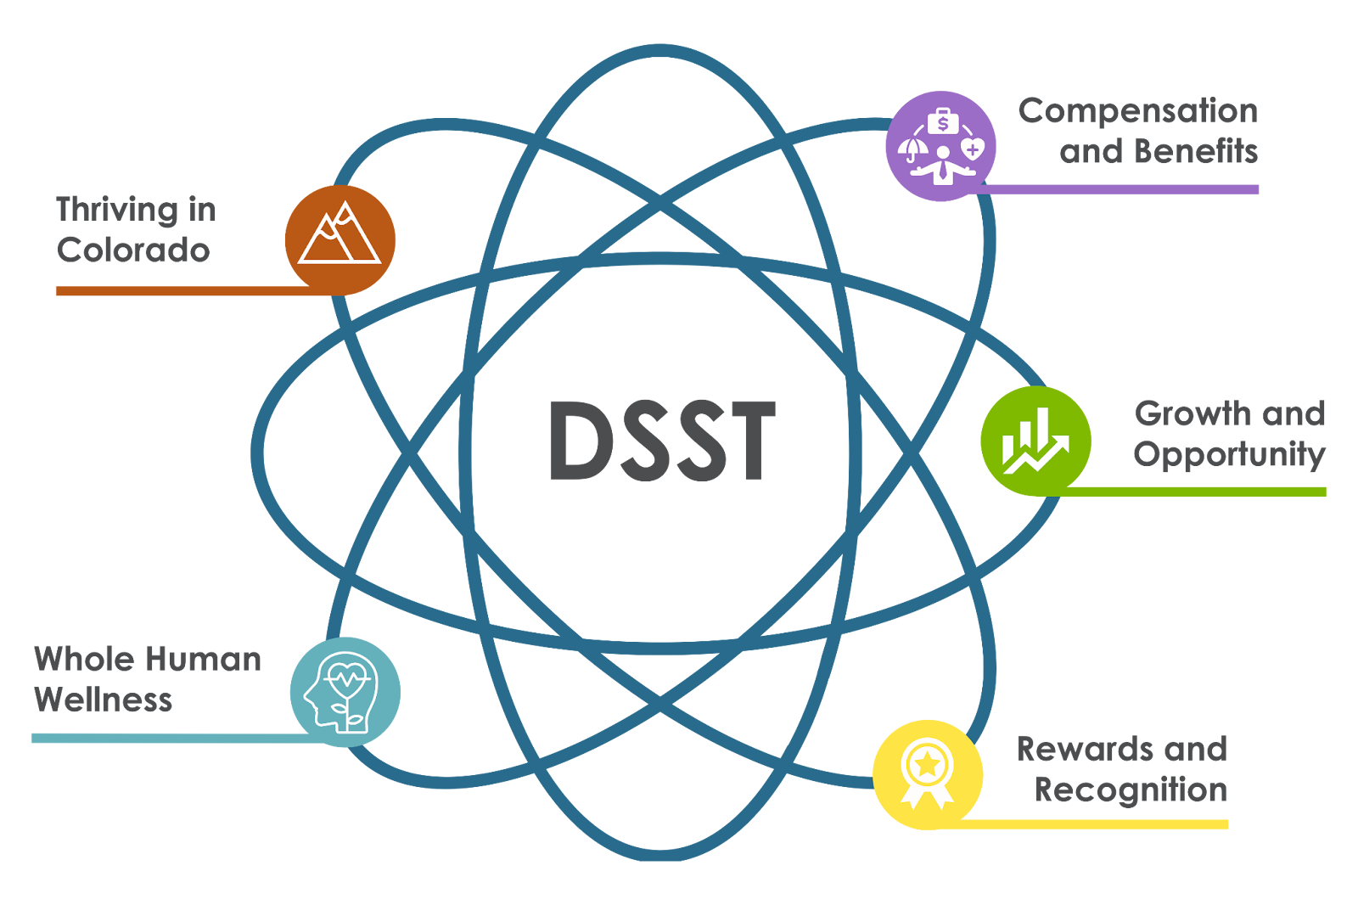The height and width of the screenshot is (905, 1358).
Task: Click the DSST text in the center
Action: (662, 441)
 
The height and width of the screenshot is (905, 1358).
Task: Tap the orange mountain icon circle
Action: (340, 240)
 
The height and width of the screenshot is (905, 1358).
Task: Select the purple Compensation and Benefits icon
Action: (941, 145)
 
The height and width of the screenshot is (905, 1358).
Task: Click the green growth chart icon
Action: (1036, 441)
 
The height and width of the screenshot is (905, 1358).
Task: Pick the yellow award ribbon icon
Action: (928, 774)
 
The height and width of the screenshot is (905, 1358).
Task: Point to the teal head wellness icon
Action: (345, 692)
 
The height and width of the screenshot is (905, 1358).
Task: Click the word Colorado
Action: (133, 250)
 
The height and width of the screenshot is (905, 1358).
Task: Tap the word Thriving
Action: (118, 211)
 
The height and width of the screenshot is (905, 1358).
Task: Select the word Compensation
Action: (1138, 111)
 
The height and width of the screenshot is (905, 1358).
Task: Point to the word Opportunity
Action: (1230, 455)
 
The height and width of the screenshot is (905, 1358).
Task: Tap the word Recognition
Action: (1131, 790)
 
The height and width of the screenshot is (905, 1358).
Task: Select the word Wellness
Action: (103, 700)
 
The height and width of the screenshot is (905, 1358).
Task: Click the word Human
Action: (204, 659)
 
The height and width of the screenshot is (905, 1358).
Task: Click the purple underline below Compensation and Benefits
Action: (1115, 189)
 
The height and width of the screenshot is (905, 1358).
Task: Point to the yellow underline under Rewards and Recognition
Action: (1086, 824)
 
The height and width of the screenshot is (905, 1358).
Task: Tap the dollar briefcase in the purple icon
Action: (943, 122)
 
